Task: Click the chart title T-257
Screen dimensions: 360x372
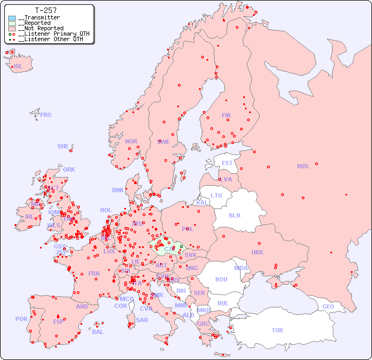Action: coord(45,10)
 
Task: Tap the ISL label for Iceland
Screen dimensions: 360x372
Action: coord(18,67)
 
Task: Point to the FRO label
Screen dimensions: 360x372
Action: coord(46,115)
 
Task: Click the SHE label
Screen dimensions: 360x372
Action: coord(63,146)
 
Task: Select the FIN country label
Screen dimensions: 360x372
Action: coord(226,115)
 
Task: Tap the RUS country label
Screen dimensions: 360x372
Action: coord(302,166)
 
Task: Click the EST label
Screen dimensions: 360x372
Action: coord(227,163)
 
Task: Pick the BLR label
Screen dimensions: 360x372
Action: coord(234,215)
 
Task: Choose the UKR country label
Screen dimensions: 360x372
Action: coord(257,252)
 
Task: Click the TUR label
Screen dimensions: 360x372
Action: coord(277,330)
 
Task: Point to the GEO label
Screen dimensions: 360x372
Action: coord(328,306)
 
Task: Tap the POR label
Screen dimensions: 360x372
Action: coord(21,319)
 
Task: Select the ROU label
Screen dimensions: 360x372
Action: coord(221,279)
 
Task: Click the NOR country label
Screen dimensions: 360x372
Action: coord(131,141)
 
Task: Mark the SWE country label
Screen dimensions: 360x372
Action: coord(163,142)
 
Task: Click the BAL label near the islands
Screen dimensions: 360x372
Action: coord(98,332)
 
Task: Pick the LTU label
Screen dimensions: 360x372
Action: coord(216,195)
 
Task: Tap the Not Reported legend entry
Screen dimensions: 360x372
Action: coord(41,28)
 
